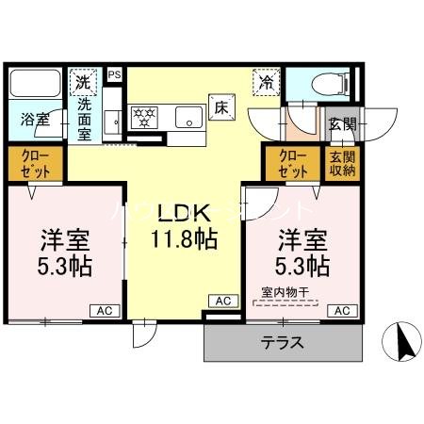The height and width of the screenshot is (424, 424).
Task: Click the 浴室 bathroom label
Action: point(36,120)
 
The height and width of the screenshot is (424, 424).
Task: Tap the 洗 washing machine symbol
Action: point(84,82)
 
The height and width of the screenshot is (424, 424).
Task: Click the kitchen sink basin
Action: point(188,119)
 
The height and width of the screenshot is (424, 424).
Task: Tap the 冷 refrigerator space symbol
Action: point(266,82)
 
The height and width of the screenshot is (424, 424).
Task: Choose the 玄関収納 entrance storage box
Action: point(342,164)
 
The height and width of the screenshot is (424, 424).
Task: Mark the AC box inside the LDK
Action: point(223,301)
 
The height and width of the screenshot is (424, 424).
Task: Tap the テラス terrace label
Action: point(282,342)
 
